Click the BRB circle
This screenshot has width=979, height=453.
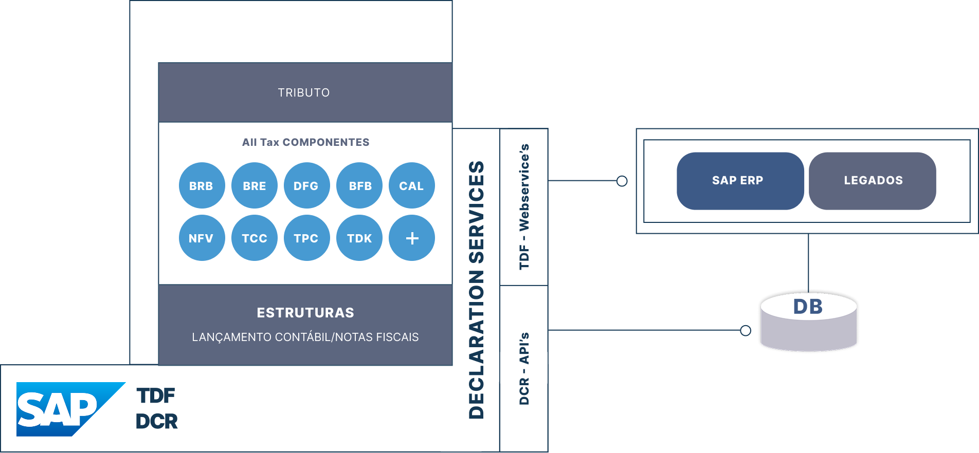point(202,185)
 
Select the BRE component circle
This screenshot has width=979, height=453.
point(255,185)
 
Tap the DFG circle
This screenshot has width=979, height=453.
point(306,185)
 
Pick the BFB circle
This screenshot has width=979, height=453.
point(359,185)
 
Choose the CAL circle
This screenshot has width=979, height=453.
point(411,185)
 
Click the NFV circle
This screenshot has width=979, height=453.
point(202,238)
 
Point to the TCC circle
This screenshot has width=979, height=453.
point(255,238)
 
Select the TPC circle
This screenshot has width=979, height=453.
point(306,238)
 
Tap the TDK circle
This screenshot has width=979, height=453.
point(359,238)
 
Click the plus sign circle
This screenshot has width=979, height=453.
point(411,238)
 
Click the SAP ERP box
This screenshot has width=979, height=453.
point(740,181)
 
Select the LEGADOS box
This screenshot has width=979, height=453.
point(872,181)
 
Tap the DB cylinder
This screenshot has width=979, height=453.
point(808,322)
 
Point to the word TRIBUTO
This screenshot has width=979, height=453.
point(304,93)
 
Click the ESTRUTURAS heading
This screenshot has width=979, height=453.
point(305,313)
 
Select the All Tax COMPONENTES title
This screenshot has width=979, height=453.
point(305,142)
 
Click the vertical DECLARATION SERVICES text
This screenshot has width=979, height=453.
point(476,290)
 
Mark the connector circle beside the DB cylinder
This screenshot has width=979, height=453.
point(746,330)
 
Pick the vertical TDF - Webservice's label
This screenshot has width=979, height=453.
point(524,206)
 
